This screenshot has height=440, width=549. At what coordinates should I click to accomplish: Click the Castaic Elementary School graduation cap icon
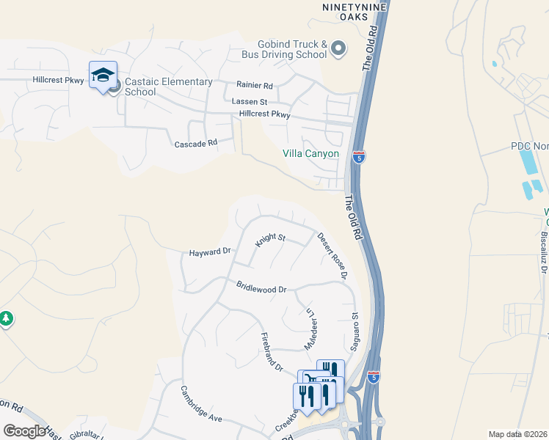[103, 75]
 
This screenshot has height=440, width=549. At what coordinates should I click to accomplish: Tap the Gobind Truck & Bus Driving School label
[284, 49]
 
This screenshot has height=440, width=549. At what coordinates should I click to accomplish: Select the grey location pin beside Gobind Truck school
[338, 49]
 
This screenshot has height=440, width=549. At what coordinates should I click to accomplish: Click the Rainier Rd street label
[254, 85]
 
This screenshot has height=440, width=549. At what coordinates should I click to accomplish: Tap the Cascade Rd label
[196, 143]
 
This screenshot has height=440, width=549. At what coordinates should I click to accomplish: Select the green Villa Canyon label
[311, 154]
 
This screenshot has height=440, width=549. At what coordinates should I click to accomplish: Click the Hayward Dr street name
[210, 252]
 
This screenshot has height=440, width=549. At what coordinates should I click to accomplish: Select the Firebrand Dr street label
[272, 351]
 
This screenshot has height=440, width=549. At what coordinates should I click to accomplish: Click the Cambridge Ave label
[201, 403]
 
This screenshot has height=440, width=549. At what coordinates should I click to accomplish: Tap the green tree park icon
[6, 319]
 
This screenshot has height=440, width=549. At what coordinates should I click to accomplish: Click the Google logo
[24, 431]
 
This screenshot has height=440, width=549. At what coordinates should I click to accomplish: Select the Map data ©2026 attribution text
[517, 434]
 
